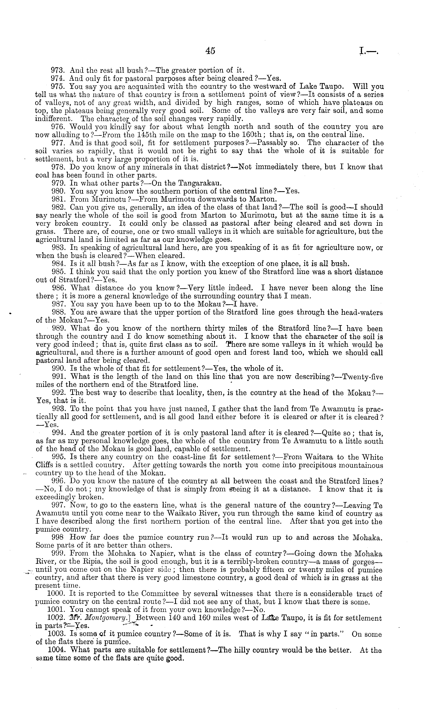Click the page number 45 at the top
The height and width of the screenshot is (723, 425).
(210, 51)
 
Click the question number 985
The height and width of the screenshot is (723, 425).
(59, 272)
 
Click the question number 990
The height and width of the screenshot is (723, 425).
(59, 369)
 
